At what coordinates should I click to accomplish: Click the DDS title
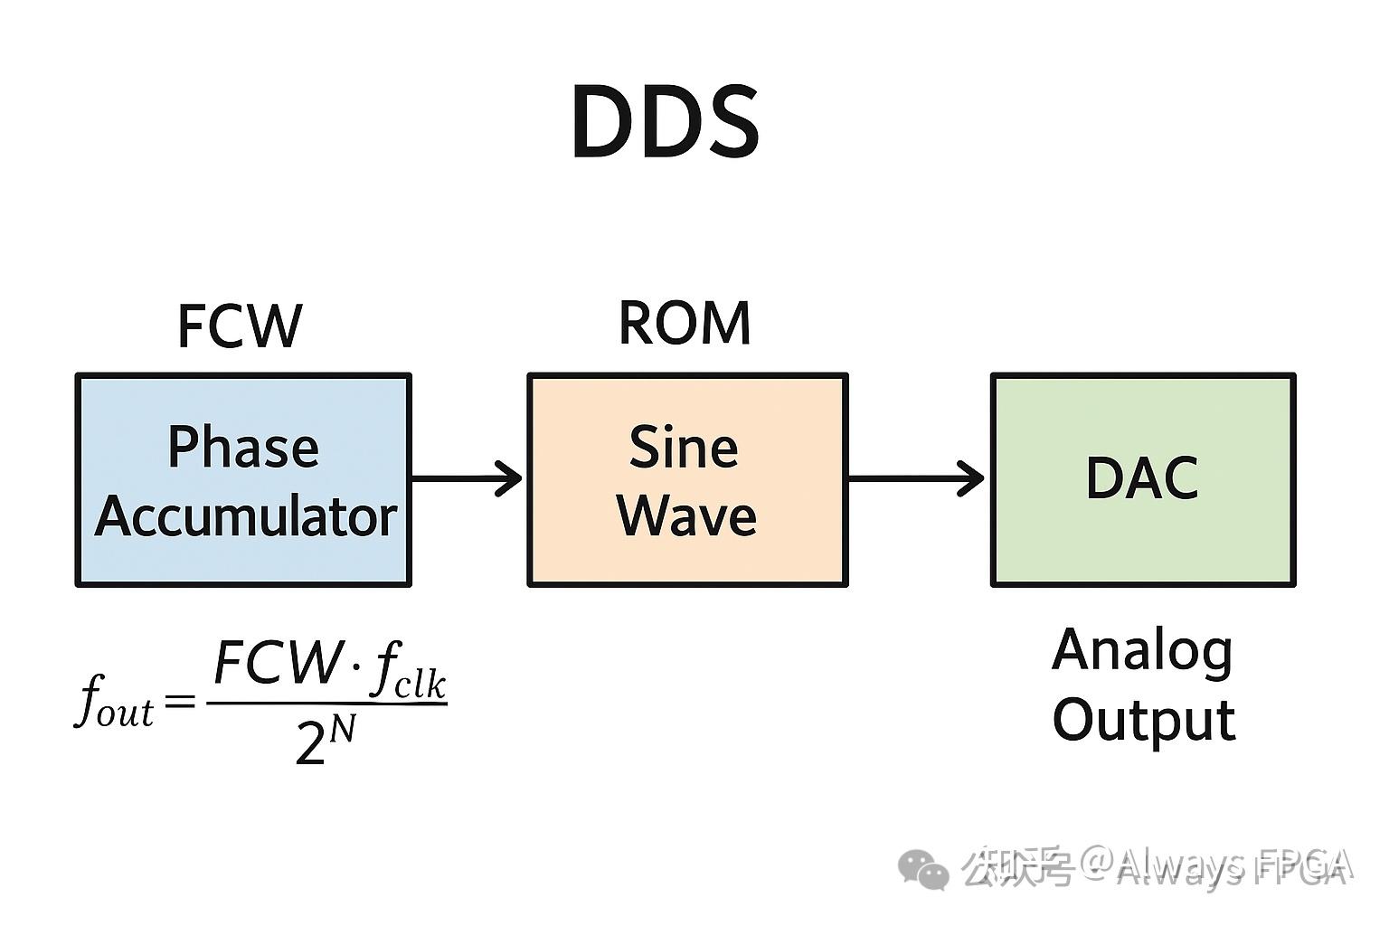pos(665,122)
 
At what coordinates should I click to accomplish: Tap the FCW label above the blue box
pos(240,326)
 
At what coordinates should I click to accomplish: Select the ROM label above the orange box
pos(685,323)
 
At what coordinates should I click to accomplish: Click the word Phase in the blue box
pos(243,447)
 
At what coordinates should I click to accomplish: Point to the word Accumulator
pos(246,516)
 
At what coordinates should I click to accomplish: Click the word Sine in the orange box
pos(684,447)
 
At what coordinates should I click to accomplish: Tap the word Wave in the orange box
pos(686,516)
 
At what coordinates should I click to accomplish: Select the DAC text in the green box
pos(1142,478)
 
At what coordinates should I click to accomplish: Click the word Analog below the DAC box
pos(1143,651)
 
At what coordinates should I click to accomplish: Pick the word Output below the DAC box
pos(1144,721)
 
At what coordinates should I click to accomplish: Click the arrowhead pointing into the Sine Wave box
pos(510,478)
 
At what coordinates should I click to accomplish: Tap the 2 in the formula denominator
pos(310,746)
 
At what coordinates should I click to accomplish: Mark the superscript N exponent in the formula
pos(342,729)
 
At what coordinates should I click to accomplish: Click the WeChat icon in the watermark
pos(922,869)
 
